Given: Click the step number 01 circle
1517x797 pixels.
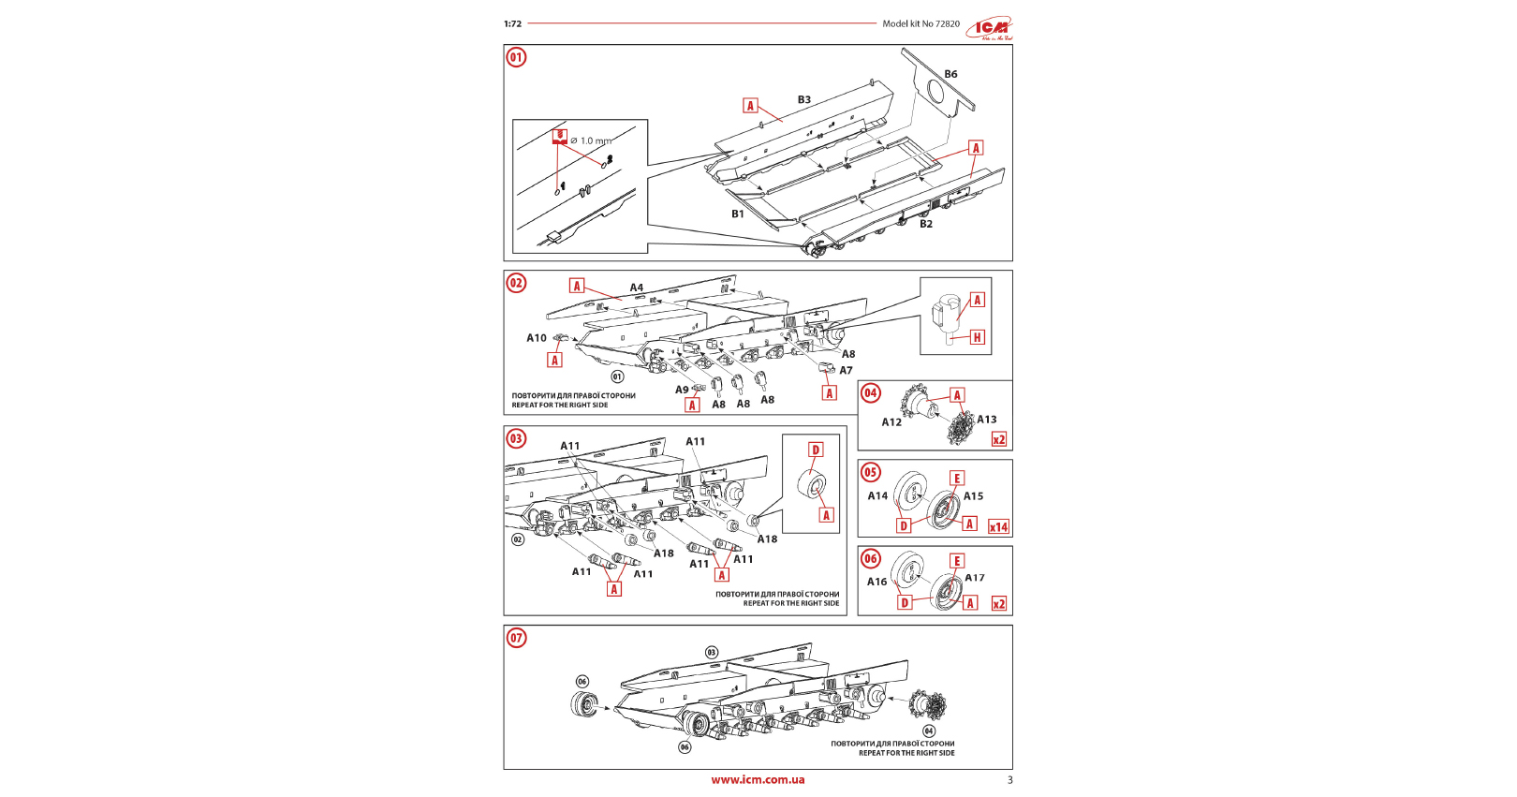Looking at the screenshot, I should [516, 57].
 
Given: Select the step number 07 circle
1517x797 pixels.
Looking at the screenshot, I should [516, 638].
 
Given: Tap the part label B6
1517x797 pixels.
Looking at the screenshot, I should [950, 74].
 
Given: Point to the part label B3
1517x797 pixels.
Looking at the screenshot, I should [803, 99].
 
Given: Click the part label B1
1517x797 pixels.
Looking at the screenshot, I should [738, 214].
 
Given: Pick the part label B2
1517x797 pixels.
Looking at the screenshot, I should [925, 224].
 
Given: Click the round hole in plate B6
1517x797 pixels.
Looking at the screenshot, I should [935, 91].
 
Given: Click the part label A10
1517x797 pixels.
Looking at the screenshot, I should [536, 338].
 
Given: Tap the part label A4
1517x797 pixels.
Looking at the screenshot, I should [637, 288].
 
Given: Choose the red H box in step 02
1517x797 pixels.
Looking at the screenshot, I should [977, 337].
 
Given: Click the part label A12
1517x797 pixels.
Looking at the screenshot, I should [891, 422].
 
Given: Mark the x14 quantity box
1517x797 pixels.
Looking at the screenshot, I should [999, 527].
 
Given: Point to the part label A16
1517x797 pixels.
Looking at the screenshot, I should [876, 582].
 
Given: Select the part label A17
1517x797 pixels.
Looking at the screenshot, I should [975, 578].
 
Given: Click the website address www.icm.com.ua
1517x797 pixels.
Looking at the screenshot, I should [758, 779].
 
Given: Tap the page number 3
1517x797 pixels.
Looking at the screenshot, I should [1009, 780].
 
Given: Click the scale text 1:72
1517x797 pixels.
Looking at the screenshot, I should [512, 24].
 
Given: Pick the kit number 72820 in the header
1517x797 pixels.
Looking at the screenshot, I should [947, 24].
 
